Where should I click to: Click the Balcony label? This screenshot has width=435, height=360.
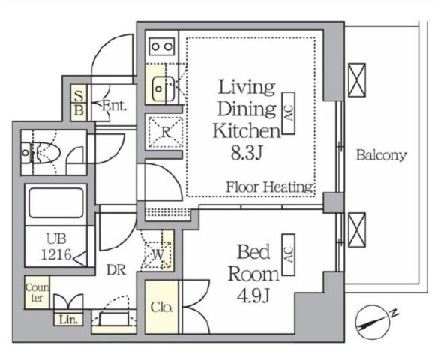pos(382,155)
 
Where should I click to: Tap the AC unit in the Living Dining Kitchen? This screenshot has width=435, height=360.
pos(289,113)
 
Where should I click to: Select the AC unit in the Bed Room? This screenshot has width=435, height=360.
pos(289,254)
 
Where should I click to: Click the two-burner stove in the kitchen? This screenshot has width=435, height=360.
pos(162,46)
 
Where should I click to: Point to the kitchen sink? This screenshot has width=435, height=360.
pos(163,88)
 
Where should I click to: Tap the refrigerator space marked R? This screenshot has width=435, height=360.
pos(166,132)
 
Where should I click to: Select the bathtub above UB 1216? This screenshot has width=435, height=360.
pos(56,203)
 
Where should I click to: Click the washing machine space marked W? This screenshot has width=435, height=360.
pos(157,254)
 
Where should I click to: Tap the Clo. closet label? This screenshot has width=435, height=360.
pos(161,307)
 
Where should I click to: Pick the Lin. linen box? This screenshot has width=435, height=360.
pos(68,319)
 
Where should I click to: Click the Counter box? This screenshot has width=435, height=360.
pos(37,292)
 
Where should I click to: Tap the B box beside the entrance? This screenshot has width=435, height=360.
pos(79,112)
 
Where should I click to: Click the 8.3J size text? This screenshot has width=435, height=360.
pos(247,153)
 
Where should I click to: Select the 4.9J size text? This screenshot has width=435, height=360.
pos(253,296)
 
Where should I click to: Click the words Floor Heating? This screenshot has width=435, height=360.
pos(270,187)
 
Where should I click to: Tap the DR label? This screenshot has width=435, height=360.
pos(116,269)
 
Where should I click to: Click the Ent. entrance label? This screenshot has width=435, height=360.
pos(114,106)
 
